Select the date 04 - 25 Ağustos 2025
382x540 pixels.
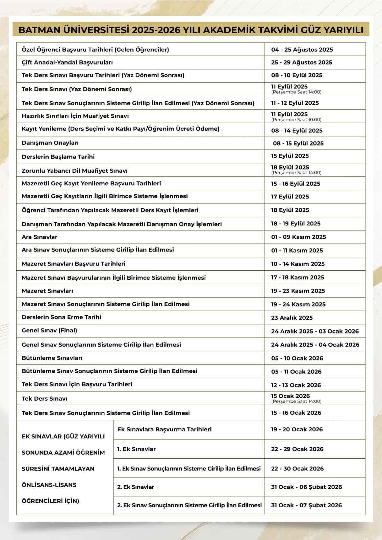tap(302, 50)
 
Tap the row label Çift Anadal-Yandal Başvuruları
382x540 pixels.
tap(67, 62)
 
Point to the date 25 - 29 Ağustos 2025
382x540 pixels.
tap(302, 62)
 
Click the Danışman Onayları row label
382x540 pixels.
tap(50, 143)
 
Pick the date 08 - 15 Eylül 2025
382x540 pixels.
tap(298, 143)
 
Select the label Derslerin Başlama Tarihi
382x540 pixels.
tap(58, 157)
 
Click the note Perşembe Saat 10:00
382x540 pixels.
tap(296, 120)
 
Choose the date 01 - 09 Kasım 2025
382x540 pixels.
tap(299, 237)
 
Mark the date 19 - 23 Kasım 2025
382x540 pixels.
tap(298, 291)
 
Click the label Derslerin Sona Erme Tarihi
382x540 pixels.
tap(61, 317)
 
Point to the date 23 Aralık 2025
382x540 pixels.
tap(292, 318)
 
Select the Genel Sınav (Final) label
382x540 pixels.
tap(49, 330)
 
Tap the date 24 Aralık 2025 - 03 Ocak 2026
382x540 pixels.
tap(315, 331)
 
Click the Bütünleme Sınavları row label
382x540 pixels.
tap(52, 358)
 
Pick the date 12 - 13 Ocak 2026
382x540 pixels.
tap(296, 385)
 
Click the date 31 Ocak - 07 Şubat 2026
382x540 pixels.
tap(306, 505)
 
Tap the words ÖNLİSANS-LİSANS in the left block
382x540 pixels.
tap(49, 485)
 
